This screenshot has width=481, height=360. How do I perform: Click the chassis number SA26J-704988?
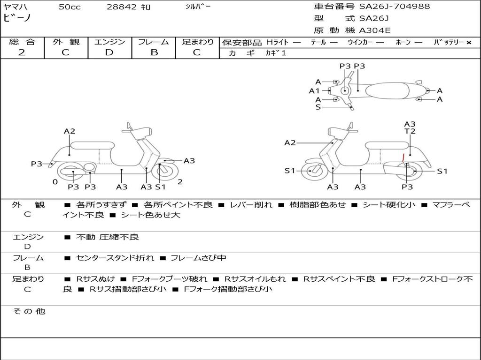coord(395,7)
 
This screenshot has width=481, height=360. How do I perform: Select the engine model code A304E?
coord(375,31)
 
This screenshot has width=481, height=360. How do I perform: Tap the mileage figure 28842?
coord(122,7)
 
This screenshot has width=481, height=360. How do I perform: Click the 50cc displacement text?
coord(70,7)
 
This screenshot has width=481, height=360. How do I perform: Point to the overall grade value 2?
coord(22,52)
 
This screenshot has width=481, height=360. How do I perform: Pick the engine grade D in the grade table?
coord(109,52)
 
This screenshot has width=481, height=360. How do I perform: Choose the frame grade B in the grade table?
coord(154,52)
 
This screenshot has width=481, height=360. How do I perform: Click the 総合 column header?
coord(22,42)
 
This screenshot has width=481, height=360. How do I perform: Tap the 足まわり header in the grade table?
coord(198,42)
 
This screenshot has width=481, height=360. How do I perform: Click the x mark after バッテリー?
coord(469,43)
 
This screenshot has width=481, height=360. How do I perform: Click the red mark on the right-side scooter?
coord(403,157)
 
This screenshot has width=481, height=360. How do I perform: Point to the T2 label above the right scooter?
coord(410,132)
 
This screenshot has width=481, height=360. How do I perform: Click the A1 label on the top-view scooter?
coord(314,91)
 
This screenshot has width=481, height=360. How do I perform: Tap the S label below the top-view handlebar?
coord(318,107)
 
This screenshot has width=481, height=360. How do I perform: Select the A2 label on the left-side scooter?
coord(70,131)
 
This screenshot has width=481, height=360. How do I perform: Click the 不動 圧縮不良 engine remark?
coord(108,237)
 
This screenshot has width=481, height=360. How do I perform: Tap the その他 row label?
coord(28,311)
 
